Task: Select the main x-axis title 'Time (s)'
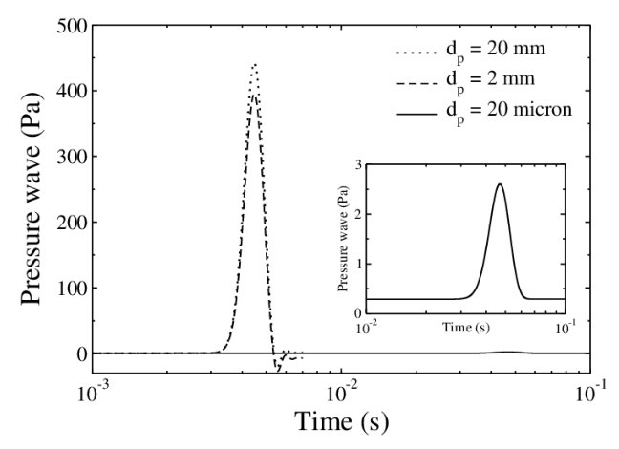[x=341, y=421]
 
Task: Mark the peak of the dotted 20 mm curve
[x=255, y=65]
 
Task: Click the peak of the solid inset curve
[x=499, y=184]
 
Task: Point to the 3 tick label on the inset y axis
[x=357, y=165]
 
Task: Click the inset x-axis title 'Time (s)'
[x=465, y=328]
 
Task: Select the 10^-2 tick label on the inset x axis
[x=364, y=328]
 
